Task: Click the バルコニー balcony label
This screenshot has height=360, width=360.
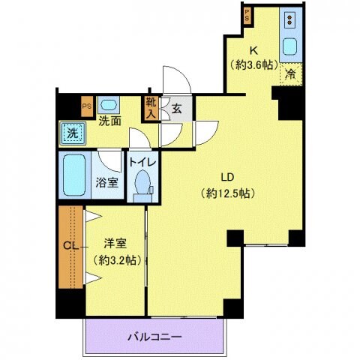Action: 154,337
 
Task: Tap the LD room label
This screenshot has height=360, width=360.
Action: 229,177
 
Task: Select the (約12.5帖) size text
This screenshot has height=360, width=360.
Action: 229,193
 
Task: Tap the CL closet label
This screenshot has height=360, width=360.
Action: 69,245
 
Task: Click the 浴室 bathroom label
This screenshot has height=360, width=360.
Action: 106,181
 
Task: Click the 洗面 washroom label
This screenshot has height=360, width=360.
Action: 110,121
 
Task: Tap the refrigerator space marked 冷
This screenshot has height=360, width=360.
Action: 291,73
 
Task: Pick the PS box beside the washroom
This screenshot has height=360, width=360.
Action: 87,106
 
